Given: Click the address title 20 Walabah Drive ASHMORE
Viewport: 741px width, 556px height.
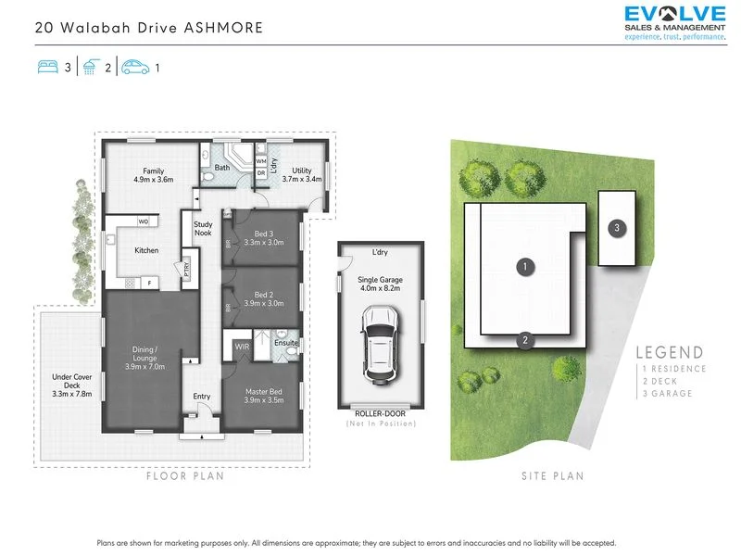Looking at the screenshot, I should [149, 28].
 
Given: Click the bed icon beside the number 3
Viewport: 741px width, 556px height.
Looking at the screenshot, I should [47, 68].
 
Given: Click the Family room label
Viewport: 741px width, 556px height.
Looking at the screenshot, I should [153, 176].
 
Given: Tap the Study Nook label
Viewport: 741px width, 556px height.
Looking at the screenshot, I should [203, 229].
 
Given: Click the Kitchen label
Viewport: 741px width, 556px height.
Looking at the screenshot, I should [146, 250].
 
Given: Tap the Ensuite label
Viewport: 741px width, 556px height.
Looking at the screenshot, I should [286, 343].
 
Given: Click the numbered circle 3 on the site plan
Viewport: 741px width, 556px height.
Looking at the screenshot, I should [616, 226].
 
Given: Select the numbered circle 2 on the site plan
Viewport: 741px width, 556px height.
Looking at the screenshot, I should [524, 339].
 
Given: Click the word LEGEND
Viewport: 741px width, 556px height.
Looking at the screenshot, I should [670, 352].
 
